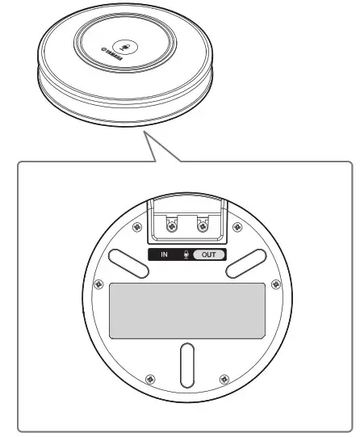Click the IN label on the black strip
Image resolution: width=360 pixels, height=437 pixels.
(164, 254)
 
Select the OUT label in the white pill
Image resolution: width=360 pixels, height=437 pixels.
(208, 254)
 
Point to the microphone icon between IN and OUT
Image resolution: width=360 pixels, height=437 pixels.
(186, 254)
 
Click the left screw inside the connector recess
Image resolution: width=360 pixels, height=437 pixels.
(170, 227)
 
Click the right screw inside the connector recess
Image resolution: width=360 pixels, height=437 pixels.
(203, 227)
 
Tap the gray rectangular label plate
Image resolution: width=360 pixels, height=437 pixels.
(186, 310)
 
